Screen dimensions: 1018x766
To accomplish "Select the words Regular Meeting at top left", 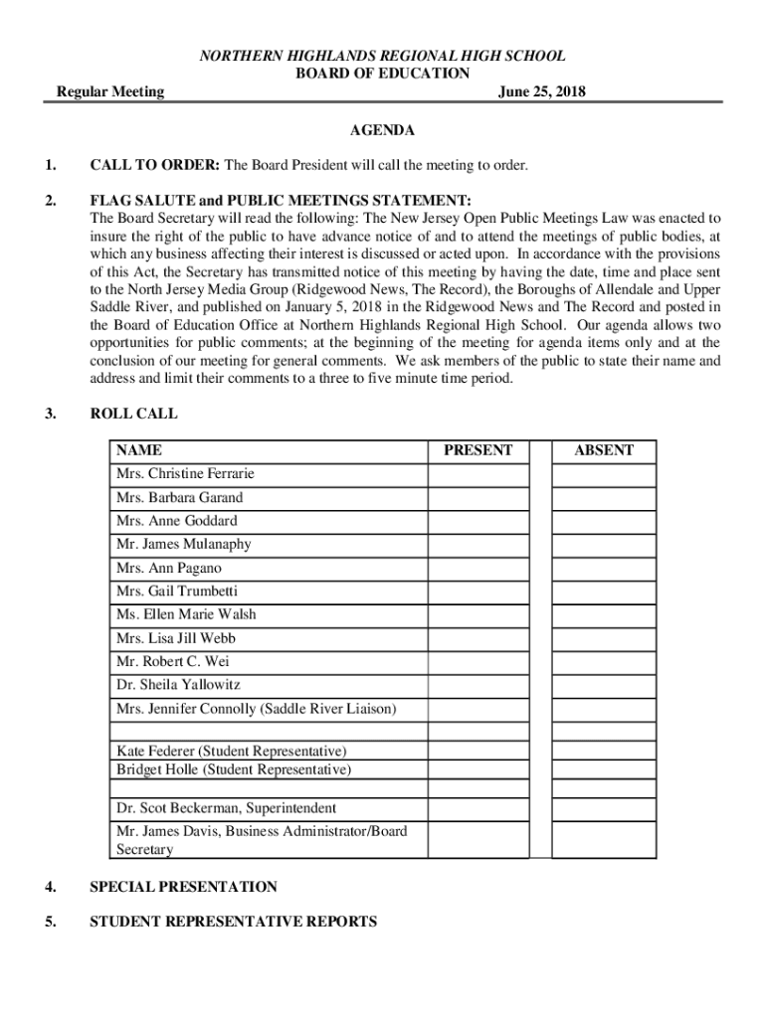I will (x=110, y=92).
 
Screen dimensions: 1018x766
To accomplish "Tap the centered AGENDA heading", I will (x=382, y=130).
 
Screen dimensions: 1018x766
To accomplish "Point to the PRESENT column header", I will (x=479, y=450).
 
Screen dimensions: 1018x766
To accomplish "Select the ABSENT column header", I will (x=604, y=450).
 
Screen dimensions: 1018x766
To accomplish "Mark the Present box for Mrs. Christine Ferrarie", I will (x=479, y=474).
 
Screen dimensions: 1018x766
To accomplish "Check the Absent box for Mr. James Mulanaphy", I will (x=604, y=545).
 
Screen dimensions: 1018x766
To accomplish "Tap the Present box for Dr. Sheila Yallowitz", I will (x=479, y=685).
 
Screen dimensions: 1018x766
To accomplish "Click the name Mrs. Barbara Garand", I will (x=179, y=497).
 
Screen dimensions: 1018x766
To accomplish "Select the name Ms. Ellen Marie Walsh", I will (x=186, y=614).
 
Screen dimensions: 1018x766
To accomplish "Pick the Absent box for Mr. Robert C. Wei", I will (x=604, y=661).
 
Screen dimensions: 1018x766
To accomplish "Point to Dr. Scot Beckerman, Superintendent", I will (x=226, y=808).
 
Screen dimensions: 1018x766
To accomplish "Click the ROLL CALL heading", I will (x=134, y=414).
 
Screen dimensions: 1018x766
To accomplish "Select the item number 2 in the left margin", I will (x=50, y=199).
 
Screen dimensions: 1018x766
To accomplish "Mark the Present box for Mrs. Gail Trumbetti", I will (x=479, y=592).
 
